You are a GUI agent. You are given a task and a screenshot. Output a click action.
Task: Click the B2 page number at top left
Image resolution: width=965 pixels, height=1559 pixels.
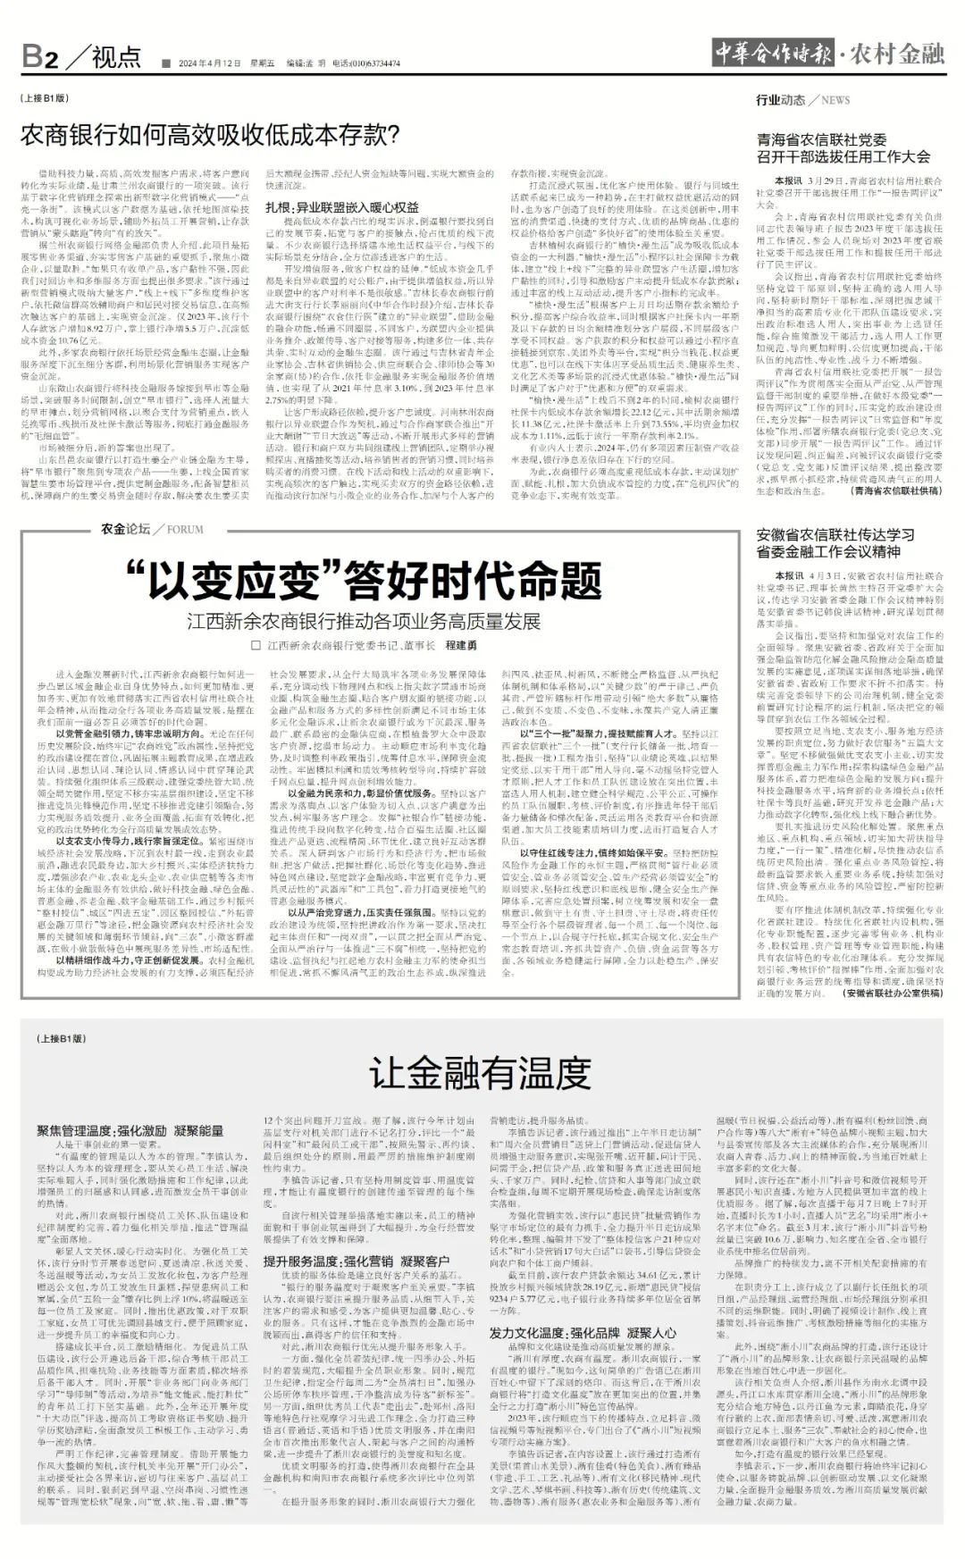coord(40,58)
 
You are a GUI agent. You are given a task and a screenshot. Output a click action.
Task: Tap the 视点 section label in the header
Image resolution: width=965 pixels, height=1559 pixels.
coord(115,57)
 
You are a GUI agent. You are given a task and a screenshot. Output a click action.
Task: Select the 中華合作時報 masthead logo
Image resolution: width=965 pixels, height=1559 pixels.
coord(773,54)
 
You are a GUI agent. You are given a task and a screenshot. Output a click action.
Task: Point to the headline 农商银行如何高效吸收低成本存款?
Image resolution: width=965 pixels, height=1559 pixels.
coord(210,136)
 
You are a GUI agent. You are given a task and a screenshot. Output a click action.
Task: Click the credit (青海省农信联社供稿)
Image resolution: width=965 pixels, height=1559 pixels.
coord(896,490)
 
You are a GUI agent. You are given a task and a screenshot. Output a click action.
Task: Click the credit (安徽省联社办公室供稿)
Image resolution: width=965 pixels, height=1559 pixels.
coord(893,993)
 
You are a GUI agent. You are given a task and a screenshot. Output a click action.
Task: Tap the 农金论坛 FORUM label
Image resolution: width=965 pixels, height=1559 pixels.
coord(153,529)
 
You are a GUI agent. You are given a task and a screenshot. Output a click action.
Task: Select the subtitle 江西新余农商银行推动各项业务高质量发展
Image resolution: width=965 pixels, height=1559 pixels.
coord(364,621)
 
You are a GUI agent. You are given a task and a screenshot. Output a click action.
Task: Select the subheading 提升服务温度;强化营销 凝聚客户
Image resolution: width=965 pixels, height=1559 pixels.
coord(357,1261)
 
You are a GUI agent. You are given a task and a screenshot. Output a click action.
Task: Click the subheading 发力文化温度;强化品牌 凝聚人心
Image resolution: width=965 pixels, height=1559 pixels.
coord(583,1333)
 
